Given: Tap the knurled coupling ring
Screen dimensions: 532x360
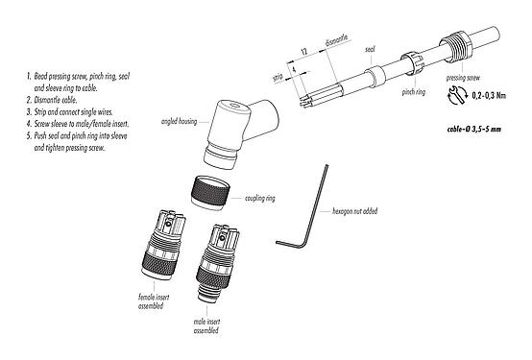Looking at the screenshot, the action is click(211, 193).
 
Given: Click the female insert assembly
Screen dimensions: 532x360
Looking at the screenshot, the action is click(163, 245).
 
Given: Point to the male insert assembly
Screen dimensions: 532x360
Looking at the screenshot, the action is click(218, 262).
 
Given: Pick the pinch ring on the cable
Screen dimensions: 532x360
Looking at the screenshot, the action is click(412, 63).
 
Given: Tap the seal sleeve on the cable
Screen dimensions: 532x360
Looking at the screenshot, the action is click(375, 77).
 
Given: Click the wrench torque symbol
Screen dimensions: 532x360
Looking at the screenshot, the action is click(457, 95).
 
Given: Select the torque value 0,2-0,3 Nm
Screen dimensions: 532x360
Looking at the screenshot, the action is click(489, 96).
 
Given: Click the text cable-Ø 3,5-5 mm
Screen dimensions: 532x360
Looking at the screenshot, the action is click(474, 129).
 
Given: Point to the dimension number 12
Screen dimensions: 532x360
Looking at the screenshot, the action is click(304, 52).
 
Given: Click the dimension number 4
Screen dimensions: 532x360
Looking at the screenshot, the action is click(294, 69).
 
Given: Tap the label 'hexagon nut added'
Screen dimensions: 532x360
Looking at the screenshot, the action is click(354, 211).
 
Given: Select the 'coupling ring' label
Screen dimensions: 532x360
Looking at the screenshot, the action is click(260, 198).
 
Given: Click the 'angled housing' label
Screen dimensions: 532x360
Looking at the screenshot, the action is click(180, 121).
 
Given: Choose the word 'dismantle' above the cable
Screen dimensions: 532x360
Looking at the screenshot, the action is click(336, 40).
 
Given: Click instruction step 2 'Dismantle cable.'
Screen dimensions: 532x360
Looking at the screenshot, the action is click(52, 100).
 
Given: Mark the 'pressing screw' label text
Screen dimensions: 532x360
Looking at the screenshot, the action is click(463, 78).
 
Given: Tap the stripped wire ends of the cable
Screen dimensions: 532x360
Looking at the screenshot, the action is click(304, 100).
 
